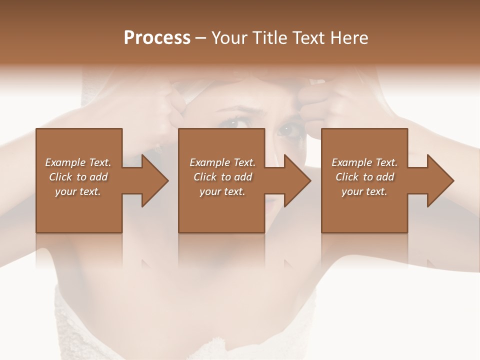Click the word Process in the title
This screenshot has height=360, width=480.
(x=157, y=37)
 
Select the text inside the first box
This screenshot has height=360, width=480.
(x=78, y=177)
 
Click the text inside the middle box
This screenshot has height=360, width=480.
(x=222, y=177)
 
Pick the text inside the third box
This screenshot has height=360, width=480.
(x=364, y=177)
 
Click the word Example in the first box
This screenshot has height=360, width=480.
(x=64, y=162)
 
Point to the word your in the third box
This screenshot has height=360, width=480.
(x=352, y=191)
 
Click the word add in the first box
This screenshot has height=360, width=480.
(x=98, y=177)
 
